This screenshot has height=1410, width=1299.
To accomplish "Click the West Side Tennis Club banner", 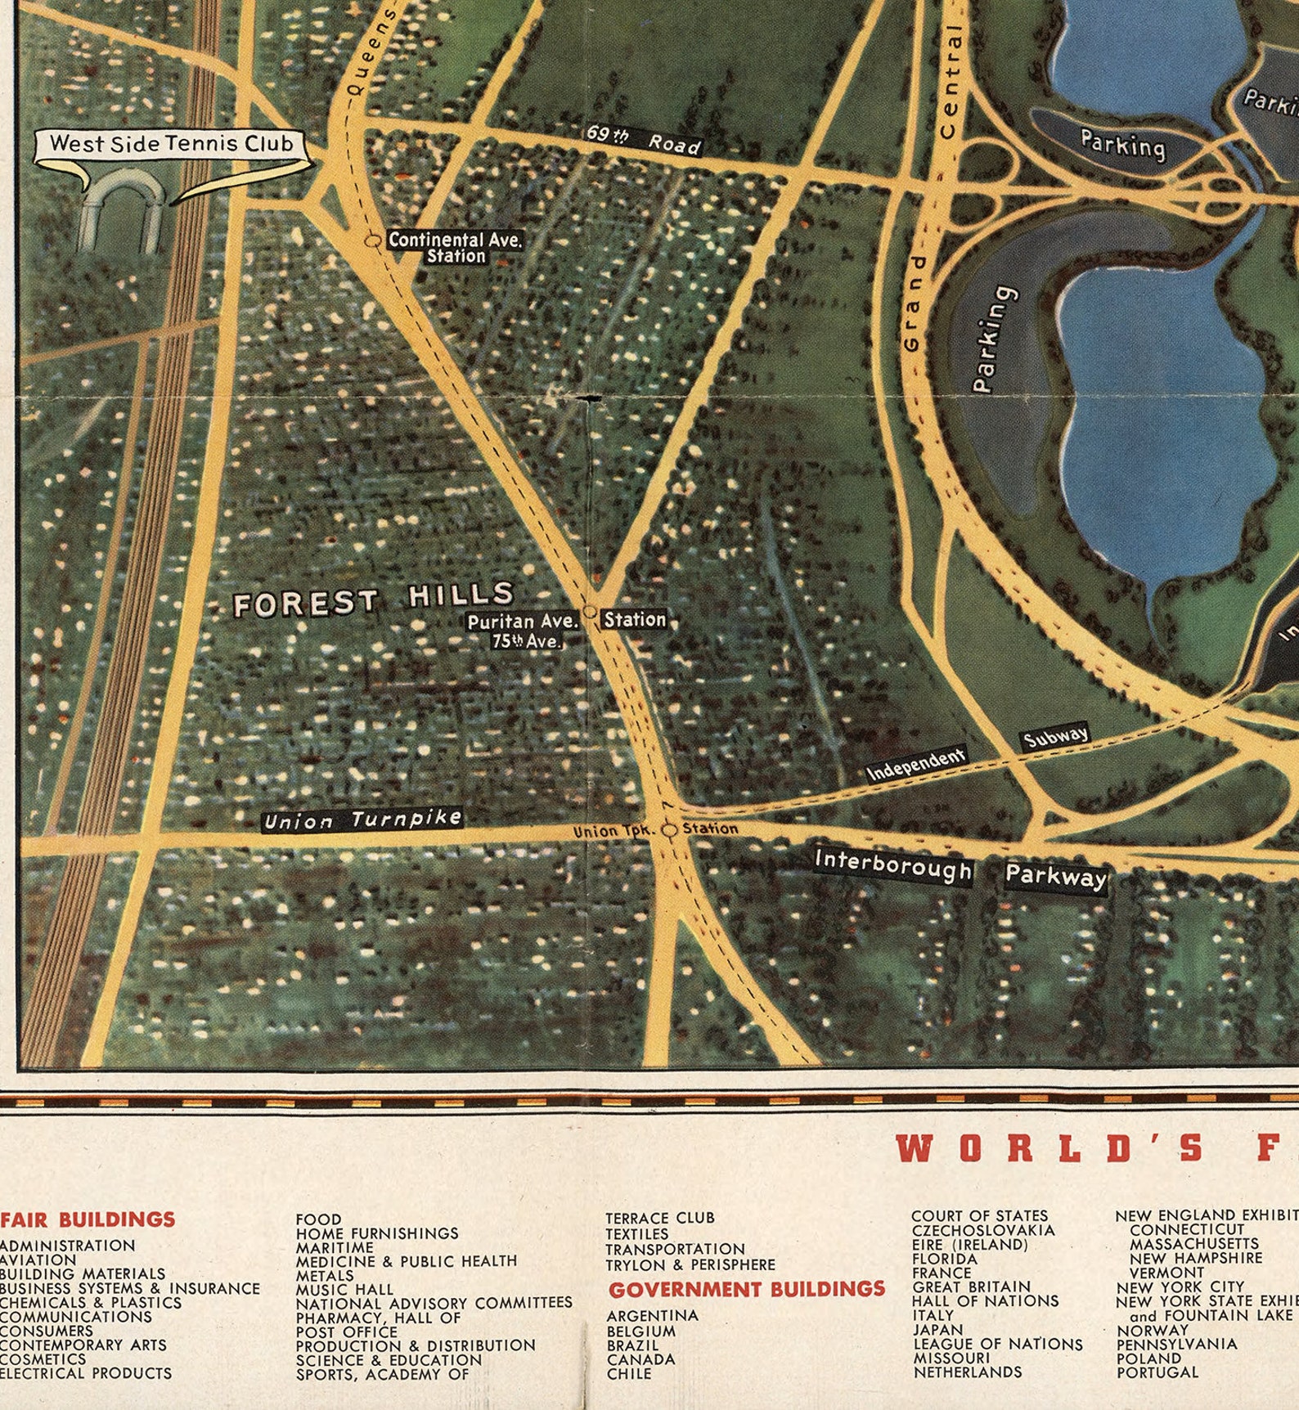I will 171,144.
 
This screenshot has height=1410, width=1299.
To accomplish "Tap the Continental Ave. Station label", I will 455,247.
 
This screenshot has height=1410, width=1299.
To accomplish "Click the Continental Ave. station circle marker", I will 372,240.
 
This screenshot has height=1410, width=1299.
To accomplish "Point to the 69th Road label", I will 644,140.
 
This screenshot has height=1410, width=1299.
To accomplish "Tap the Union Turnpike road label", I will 362,820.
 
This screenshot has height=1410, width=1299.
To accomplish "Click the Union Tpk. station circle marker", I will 670,830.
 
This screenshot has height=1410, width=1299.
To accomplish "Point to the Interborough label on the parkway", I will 893,866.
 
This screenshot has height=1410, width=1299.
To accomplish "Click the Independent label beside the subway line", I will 915,764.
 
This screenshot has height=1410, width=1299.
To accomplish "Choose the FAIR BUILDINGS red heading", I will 88,1219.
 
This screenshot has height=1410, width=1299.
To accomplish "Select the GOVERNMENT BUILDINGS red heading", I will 746,1290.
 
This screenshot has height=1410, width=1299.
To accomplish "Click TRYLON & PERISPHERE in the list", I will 690,1264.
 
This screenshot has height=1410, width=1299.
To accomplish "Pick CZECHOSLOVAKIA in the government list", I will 983,1230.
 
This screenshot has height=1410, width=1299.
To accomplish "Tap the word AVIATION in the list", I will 38,1260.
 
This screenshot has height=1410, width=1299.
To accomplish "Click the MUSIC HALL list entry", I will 344,1290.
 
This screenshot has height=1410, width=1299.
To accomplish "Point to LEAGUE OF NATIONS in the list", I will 997,1344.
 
